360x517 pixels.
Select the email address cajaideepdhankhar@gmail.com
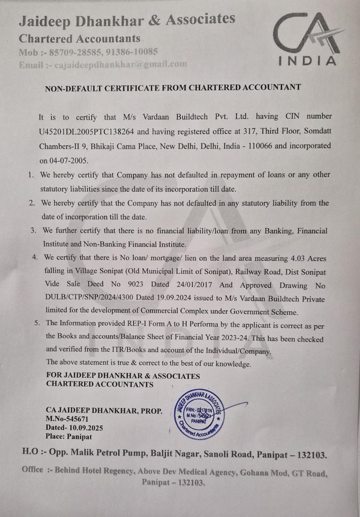[x=120, y=64]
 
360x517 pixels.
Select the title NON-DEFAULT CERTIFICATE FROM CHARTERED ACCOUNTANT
[x=173, y=87]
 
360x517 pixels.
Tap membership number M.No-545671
[x=67, y=419]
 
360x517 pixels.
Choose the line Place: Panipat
[x=69, y=437]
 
